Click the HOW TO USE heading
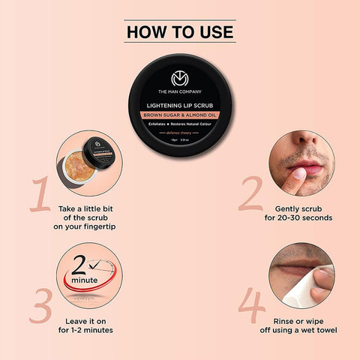coord(179,32)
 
